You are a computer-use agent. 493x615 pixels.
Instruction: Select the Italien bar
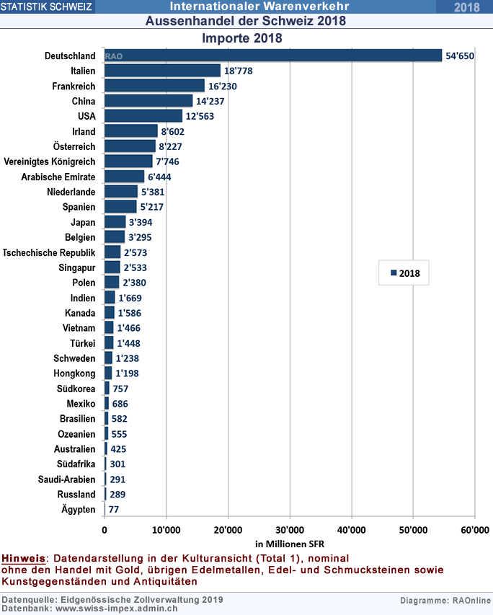point(162,71)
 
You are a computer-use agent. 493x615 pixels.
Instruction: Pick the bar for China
point(148,101)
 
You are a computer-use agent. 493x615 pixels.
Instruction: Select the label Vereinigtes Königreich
point(50,162)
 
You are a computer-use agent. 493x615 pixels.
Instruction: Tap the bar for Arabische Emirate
point(124,177)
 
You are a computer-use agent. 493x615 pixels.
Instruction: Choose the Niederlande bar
point(120,192)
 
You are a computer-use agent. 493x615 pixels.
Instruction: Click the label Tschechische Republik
point(49,252)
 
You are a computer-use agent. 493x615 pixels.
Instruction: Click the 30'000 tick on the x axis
point(289,530)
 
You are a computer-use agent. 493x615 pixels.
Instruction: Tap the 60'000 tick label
point(474,530)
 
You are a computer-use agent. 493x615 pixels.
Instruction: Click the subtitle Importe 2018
point(241,37)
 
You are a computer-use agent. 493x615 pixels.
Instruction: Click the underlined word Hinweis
point(24,558)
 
